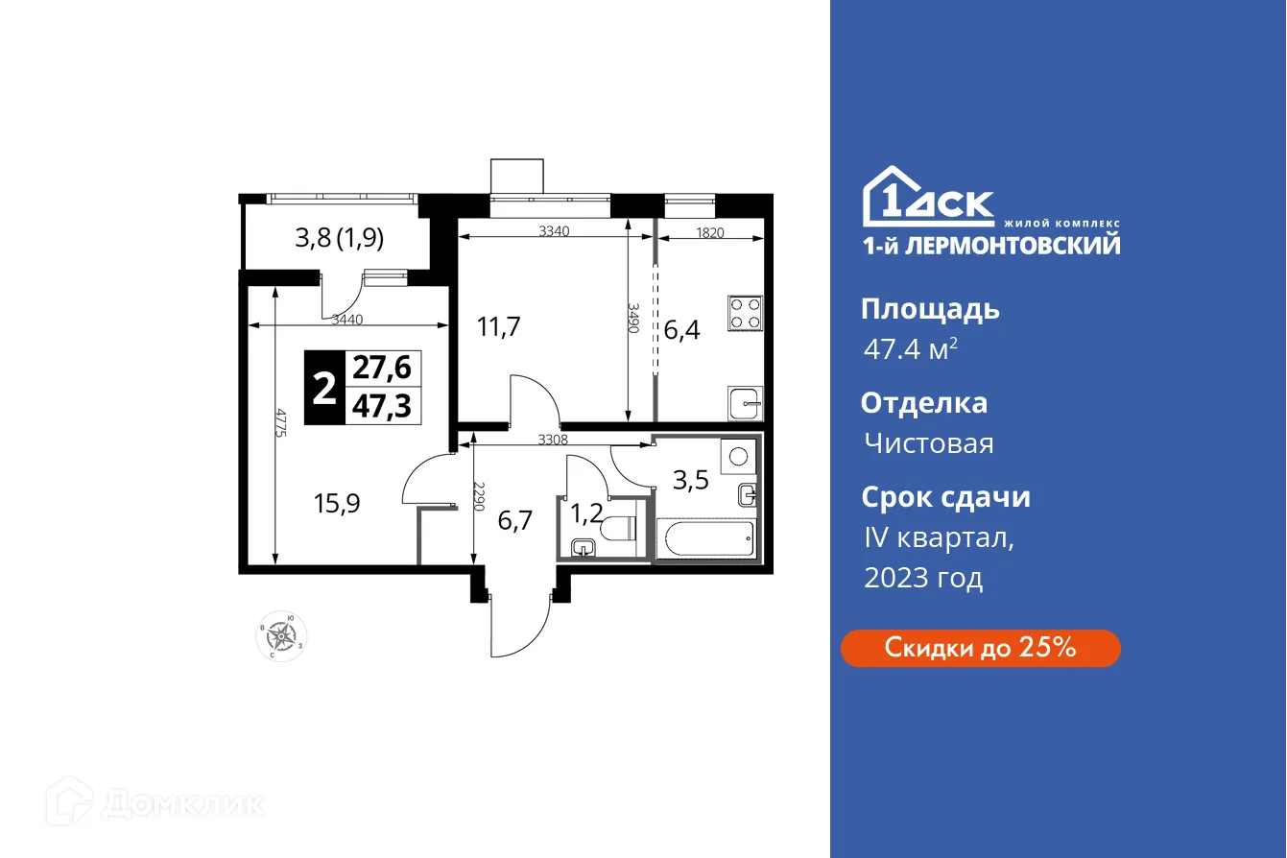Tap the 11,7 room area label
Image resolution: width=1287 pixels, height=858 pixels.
pos(499,327)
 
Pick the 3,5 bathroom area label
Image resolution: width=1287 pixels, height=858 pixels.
pos(690,480)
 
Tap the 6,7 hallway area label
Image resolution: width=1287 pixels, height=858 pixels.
pos(514,521)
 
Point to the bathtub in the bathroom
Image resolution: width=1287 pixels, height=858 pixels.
pos(705,539)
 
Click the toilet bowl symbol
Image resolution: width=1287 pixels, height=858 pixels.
pos(615,528)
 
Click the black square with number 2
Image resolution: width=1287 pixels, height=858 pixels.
pos(324,389)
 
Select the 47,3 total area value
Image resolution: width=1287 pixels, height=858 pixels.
pos(381,407)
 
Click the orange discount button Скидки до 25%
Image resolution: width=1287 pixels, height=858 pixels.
pos(980,648)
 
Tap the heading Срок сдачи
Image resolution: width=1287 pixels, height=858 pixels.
pos(945,497)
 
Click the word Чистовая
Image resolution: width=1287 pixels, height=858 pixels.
pos(928,443)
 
